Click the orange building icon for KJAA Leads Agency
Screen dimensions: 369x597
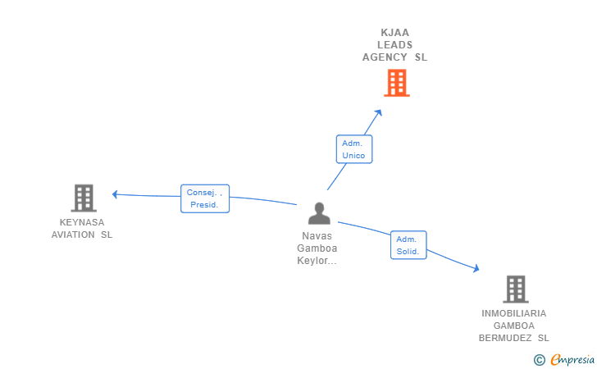pyautogui.click(x=396, y=83)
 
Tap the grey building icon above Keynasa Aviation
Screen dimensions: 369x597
pyautogui.click(x=84, y=198)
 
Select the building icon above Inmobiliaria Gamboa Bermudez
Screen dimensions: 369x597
pyautogui.click(x=515, y=289)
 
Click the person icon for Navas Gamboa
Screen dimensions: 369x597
pyautogui.click(x=319, y=213)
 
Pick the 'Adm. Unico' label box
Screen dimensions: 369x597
pyautogui.click(x=353, y=149)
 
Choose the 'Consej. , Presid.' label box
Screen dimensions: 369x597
pyautogui.click(x=205, y=198)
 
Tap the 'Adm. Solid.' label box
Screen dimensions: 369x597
pyautogui.click(x=408, y=245)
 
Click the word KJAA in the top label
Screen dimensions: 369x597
pyautogui.click(x=395, y=33)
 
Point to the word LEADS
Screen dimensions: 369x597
pyautogui.click(x=395, y=45)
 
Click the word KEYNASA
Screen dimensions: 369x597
pyautogui.click(x=82, y=222)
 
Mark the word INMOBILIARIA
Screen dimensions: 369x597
pyautogui.click(x=513, y=313)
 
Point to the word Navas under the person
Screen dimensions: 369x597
pyautogui.click(x=317, y=235)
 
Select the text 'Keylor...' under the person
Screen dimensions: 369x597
pyautogui.click(x=317, y=261)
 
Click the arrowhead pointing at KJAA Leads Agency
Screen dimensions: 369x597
pyautogui.click(x=378, y=112)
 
